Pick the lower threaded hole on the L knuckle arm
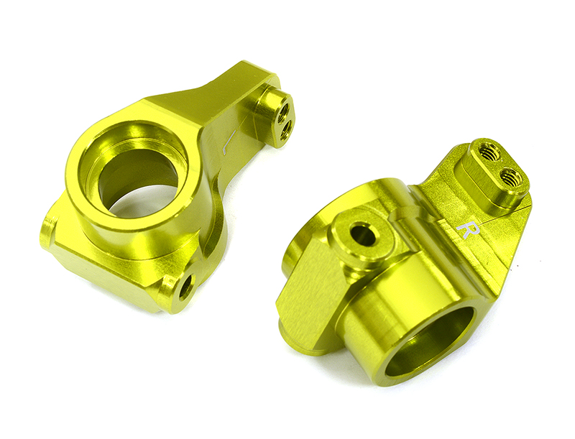tap(286, 130)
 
